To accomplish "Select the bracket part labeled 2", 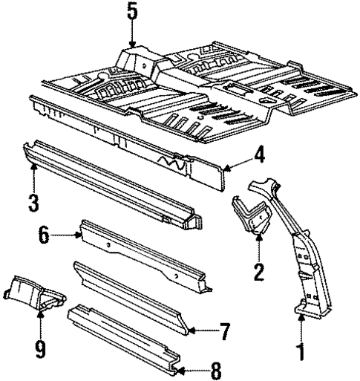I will point(249,215).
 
